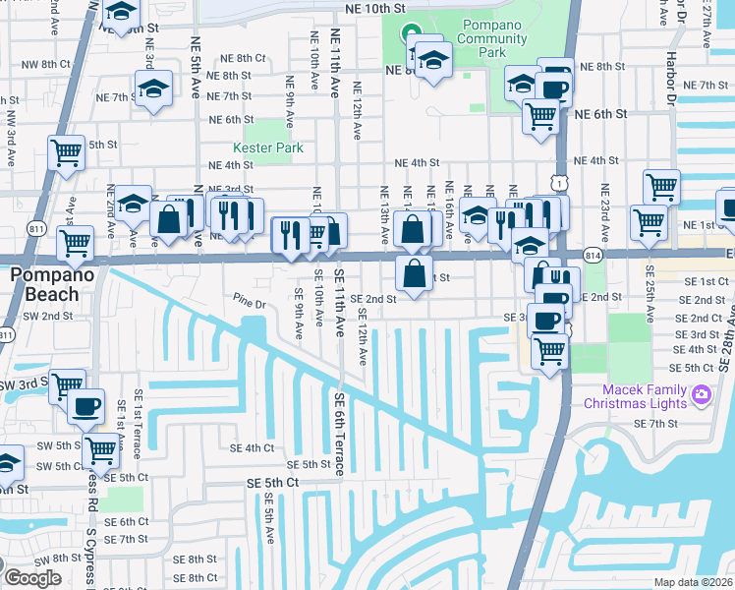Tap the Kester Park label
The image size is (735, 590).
[267, 147]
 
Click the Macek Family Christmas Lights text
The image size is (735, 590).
[636, 395]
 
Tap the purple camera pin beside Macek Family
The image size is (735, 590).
[701, 395]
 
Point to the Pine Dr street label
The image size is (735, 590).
[250, 303]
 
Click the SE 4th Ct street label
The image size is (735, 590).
[252, 447]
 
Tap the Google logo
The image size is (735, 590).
[31, 578]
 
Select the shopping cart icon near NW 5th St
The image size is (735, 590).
[66, 153]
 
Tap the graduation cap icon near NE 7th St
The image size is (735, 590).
[153, 90]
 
